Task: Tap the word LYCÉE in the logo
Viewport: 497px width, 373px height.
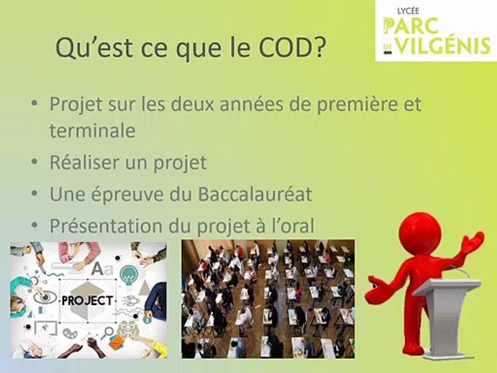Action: tap(408, 11)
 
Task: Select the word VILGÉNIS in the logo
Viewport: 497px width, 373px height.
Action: tap(444, 46)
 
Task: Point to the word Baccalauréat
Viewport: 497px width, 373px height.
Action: tap(255, 194)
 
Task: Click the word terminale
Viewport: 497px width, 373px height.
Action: tap(93, 130)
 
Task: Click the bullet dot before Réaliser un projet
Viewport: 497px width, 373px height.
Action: tap(35, 162)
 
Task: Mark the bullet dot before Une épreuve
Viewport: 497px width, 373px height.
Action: tap(35, 193)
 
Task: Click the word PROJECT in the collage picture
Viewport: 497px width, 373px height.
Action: tap(87, 300)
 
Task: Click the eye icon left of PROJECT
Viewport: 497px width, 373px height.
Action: tap(45, 297)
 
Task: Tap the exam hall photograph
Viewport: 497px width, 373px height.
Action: tap(268, 299)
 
